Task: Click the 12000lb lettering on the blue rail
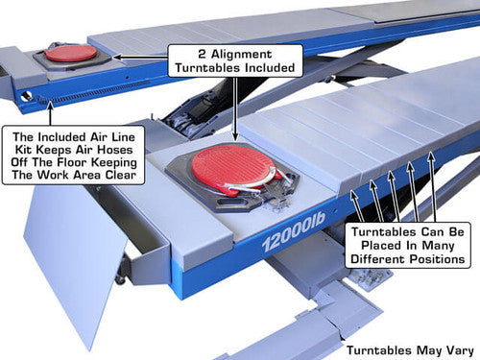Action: coord(294,231)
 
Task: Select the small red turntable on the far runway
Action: coord(70,53)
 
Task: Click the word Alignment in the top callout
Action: coord(241,54)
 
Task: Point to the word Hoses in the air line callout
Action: coord(115,150)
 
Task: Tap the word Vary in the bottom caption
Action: coord(460,350)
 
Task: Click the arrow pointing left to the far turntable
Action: coord(140,58)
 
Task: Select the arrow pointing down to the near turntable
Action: coord(236,108)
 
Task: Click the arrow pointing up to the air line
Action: coord(50,113)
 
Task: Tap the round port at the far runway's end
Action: coord(27,96)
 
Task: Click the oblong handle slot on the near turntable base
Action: coord(229,203)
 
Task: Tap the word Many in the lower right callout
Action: coord(438,246)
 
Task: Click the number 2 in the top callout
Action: coord(202,54)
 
